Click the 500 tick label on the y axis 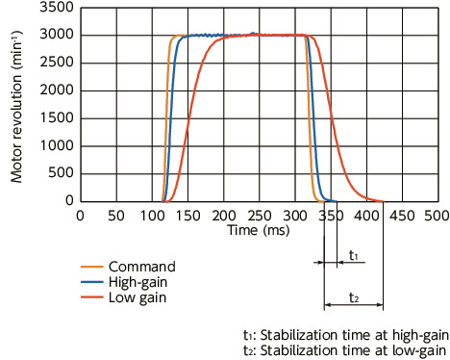click(x=60, y=174)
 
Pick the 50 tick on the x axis click(x=115, y=217)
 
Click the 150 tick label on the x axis click(x=187, y=217)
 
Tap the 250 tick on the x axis click(x=259, y=217)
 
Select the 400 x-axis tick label click(x=366, y=217)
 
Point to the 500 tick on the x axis click(x=437, y=217)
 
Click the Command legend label click(x=143, y=266)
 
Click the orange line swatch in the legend click(x=90, y=266)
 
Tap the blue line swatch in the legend click(x=90, y=282)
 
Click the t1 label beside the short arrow click(x=354, y=256)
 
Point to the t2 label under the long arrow click(x=354, y=297)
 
